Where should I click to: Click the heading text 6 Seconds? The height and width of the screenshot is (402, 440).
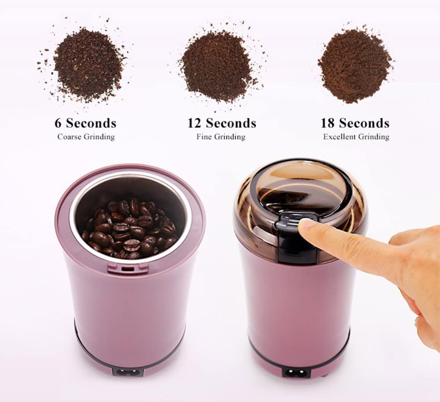coord(86,123)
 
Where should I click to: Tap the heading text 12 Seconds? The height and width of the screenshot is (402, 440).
coord(222,123)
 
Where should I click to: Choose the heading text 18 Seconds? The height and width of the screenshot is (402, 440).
coord(355,123)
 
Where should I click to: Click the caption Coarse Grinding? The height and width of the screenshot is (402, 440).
coord(86,137)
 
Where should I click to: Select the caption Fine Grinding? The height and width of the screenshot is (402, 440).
coord(221,137)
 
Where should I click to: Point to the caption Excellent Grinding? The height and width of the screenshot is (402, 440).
coord(356,137)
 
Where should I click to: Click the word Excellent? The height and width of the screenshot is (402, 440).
coord(339,137)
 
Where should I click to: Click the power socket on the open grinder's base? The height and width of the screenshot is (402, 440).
coord(128,372)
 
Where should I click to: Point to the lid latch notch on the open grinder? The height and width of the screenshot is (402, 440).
coord(128,268)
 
